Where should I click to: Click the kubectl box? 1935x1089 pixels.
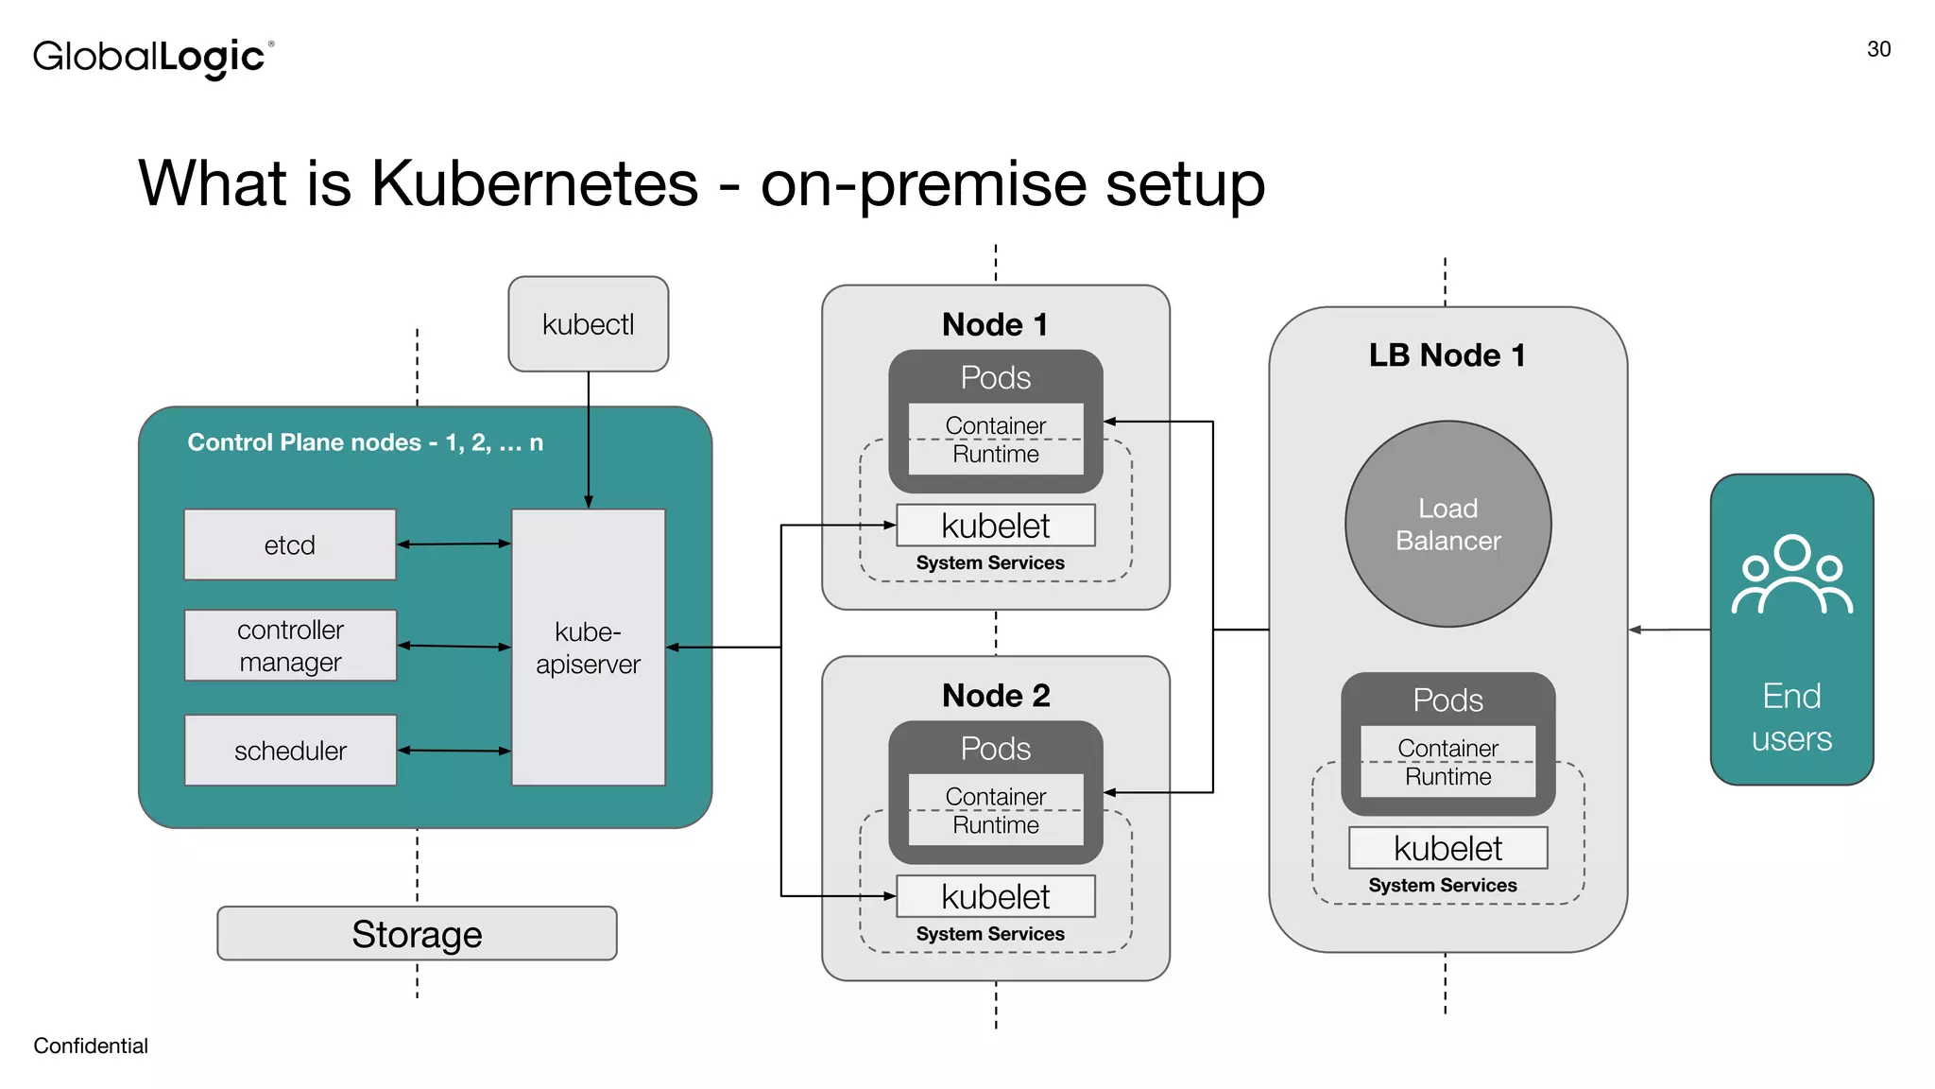[588, 324]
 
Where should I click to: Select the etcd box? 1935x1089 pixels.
[290, 544]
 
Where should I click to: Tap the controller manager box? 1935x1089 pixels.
[290, 646]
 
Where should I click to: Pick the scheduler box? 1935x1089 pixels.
[290, 751]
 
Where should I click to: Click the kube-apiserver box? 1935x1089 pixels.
[588, 648]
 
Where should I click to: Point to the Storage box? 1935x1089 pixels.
[417, 934]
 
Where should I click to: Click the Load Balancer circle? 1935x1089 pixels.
[1447, 524]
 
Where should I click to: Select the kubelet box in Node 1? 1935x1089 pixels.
[995, 526]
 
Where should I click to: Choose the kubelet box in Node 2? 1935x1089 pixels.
[995, 896]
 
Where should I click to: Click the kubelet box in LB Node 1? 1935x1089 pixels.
[1447, 848]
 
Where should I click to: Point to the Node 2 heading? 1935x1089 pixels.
[995, 696]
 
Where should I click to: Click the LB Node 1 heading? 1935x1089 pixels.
[1447, 355]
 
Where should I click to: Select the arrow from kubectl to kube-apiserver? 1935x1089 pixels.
[589, 440]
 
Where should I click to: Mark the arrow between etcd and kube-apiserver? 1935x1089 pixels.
[454, 544]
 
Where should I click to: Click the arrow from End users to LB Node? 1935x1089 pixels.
[1670, 630]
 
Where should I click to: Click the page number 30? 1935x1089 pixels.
[1878, 49]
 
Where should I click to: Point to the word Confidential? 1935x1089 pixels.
[91, 1046]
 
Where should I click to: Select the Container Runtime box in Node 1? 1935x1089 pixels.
[995, 440]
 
